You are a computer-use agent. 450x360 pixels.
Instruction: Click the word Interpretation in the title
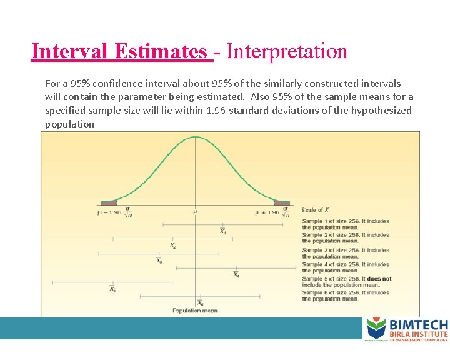pyautogui.click(x=287, y=51)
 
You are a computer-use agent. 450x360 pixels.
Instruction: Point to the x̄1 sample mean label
pyautogui.click(x=222, y=232)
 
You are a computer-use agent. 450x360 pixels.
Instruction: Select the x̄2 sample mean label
pyautogui.click(x=173, y=246)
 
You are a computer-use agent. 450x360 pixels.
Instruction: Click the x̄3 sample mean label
pyautogui.click(x=159, y=261)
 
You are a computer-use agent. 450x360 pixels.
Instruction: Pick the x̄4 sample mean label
pyautogui.click(x=236, y=275)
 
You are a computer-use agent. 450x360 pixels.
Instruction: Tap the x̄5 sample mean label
pyautogui.click(x=112, y=289)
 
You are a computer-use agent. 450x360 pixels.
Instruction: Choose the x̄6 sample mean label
pyautogui.click(x=200, y=303)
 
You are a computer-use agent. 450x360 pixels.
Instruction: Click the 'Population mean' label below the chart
pyautogui.click(x=195, y=311)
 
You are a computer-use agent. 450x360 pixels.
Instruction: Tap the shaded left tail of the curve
pyautogui.click(x=108, y=202)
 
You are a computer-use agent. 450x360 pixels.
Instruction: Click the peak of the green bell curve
pyautogui.click(x=196, y=137)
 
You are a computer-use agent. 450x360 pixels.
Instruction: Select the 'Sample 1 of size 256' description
pyautogui.click(x=345, y=224)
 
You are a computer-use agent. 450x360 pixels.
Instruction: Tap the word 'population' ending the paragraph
pyautogui.click(x=69, y=124)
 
